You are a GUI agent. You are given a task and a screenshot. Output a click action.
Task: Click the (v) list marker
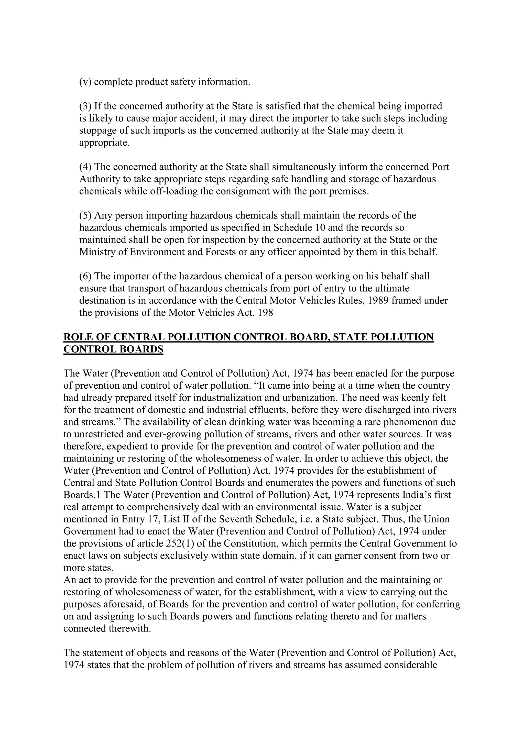[85, 82]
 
